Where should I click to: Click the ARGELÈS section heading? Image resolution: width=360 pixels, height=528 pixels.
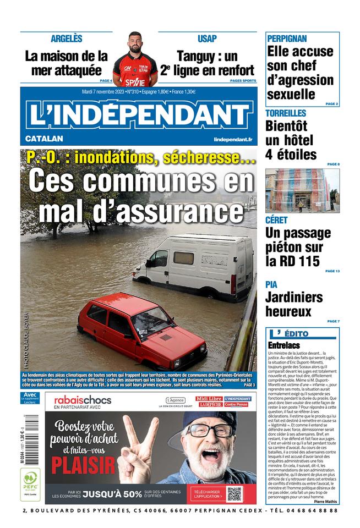point(66,38)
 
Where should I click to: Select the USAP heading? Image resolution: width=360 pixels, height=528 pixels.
point(207,38)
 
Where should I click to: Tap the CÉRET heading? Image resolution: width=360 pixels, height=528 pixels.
point(276,220)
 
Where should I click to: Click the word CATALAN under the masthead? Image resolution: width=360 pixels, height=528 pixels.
point(44,139)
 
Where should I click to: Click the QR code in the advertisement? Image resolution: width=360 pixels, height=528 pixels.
point(234,494)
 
